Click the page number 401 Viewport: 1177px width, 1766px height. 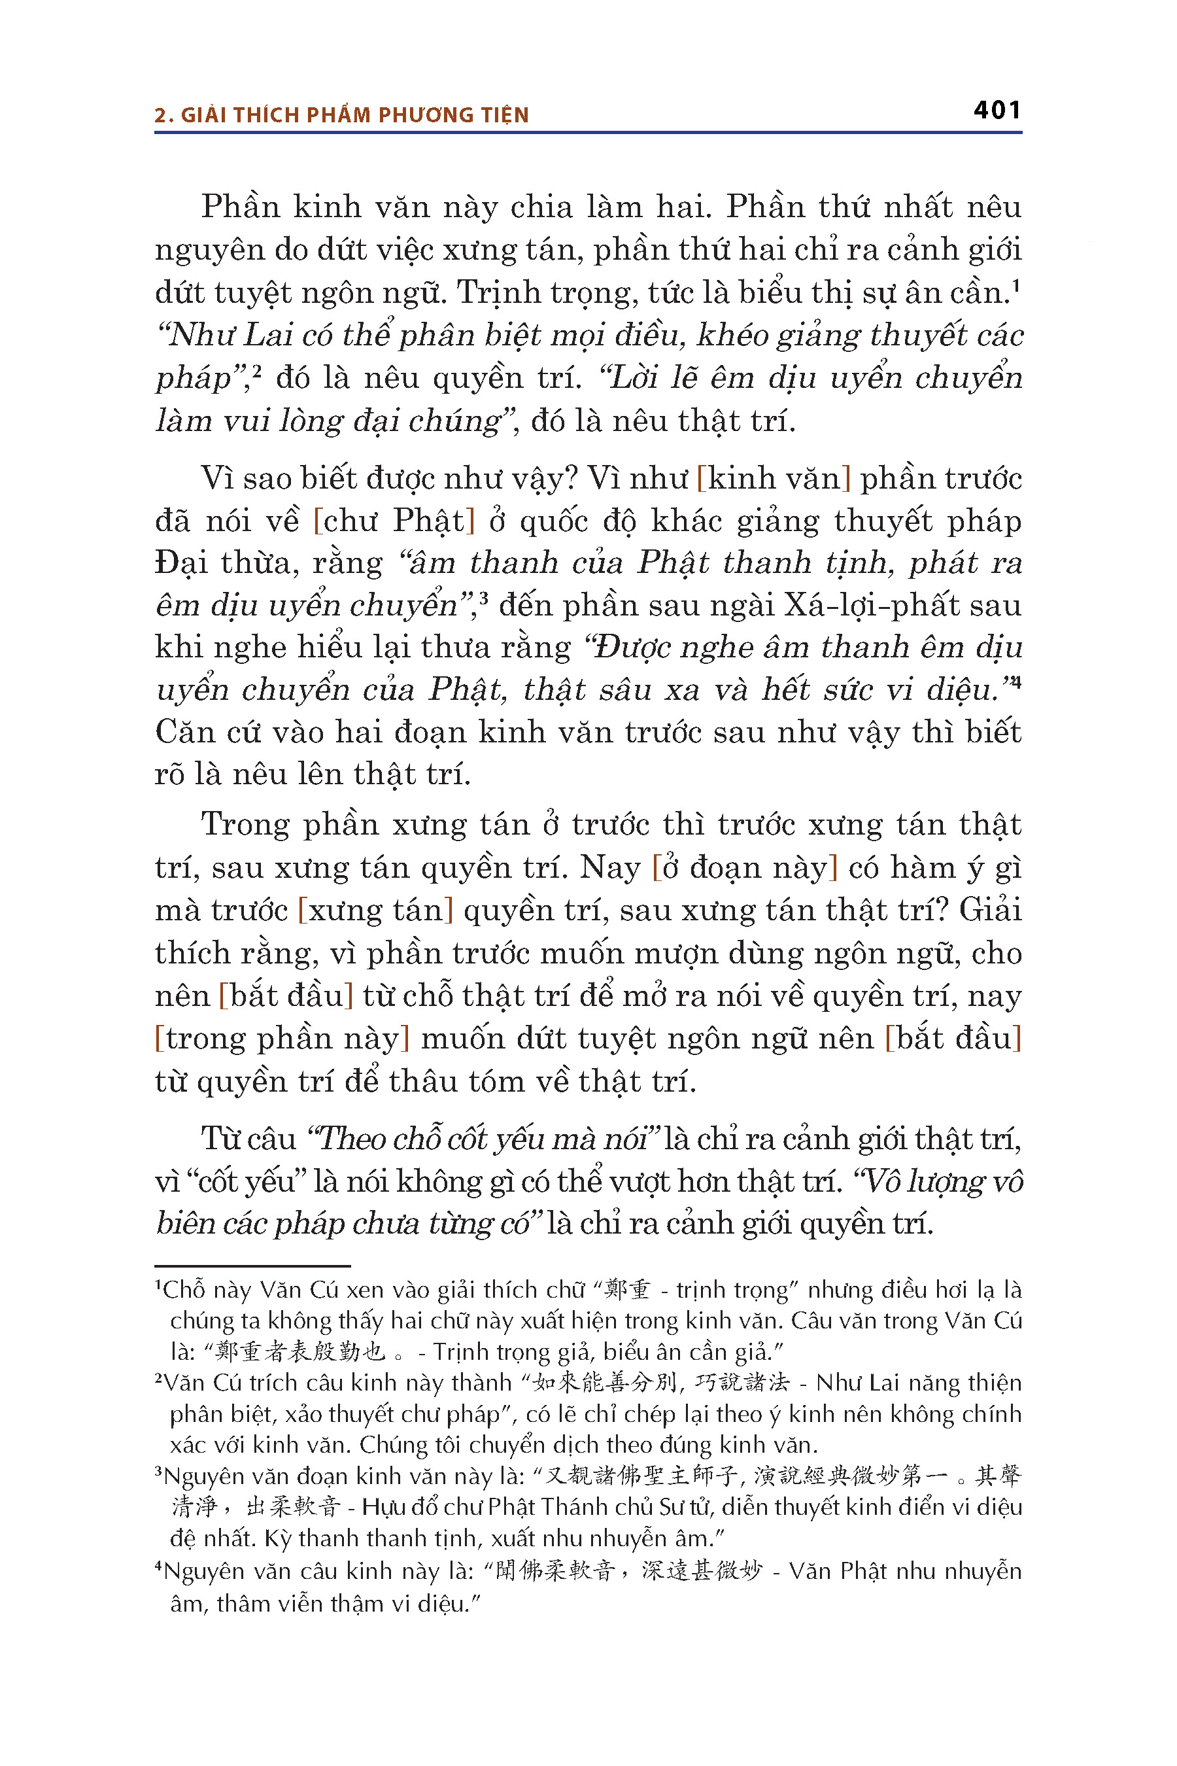[997, 111]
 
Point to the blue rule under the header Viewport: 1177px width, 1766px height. [588, 133]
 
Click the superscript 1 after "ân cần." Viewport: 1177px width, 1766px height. [1015, 285]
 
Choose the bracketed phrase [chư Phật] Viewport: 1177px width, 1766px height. [394, 521]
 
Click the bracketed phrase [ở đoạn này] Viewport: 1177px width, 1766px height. [745, 868]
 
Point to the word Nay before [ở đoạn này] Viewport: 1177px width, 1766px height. [609, 868]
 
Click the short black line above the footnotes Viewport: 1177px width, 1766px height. [252, 1265]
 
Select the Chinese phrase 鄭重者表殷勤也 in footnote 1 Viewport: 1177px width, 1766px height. [300, 1351]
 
